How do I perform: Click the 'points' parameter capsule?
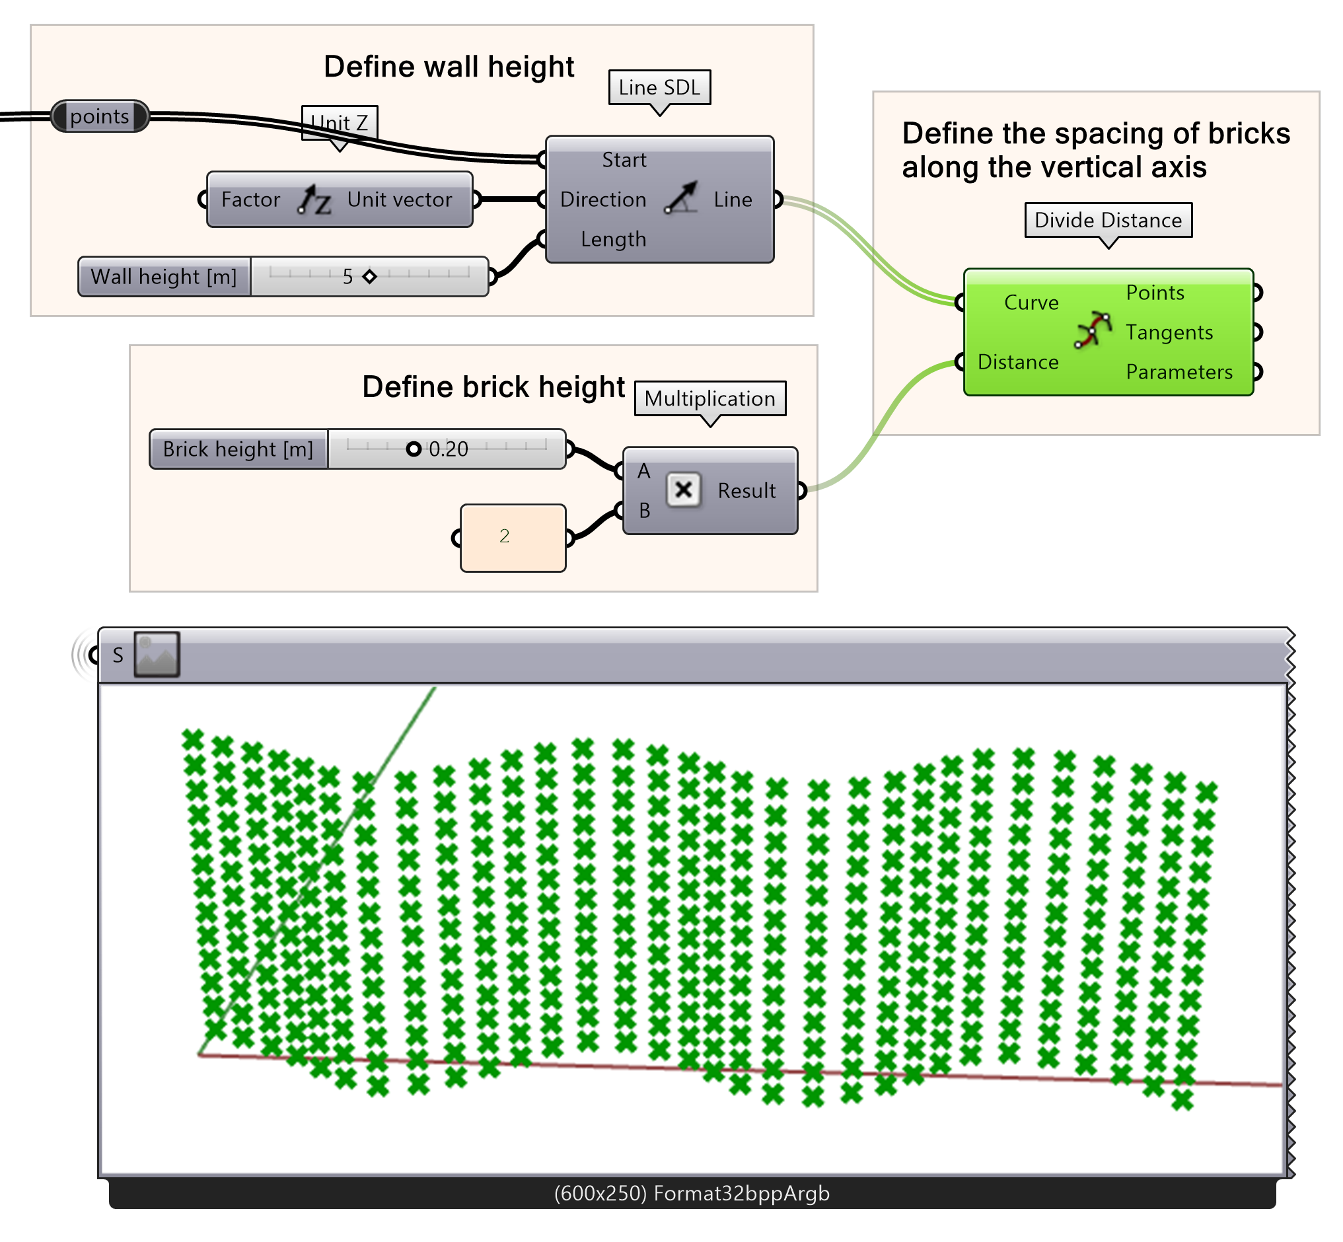pyautogui.click(x=100, y=116)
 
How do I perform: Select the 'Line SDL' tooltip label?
pyautogui.click(x=659, y=87)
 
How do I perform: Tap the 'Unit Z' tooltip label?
pyautogui.click(x=340, y=123)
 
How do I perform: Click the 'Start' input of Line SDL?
pyautogui.click(x=623, y=160)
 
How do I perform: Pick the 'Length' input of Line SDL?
pyautogui.click(x=613, y=239)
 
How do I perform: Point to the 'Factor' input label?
pyautogui.click(x=250, y=200)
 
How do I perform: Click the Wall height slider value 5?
pyautogui.click(x=347, y=277)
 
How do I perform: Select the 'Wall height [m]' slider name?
pyautogui.click(x=164, y=277)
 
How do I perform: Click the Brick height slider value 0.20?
pyautogui.click(x=448, y=449)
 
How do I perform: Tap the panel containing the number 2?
pyautogui.click(x=512, y=538)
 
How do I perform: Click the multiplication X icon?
pyautogui.click(x=683, y=490)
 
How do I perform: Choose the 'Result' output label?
pyautogui.click(x=746, y=491)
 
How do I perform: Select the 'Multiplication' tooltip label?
pyautogui.click(x=709, y=398)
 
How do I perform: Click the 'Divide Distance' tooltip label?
pyautogui.click(x=1108, y=220)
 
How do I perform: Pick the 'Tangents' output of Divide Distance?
pyautogui.click(x=1169, y=332)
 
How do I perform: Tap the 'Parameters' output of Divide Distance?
pyautogui.click(x=1179, y=372)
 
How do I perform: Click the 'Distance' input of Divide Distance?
pyautogui.click(x=1018, y=362)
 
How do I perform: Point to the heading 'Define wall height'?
pyautogui.click(x=449, y=67)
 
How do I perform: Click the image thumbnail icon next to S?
pyautogui.click(x=157, y=654)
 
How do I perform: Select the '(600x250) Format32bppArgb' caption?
pyautogui.click(x=692, y=1194)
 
